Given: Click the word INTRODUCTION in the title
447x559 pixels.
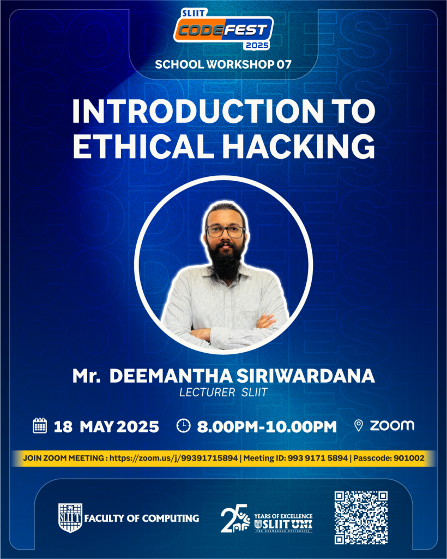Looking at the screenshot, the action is pyautogui.click(x=198, y=111).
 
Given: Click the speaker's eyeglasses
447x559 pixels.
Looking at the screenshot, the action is pyautogui.click(x=226, y=231).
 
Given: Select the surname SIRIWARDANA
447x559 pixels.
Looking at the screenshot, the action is pyautogui.click(x=306, y=376).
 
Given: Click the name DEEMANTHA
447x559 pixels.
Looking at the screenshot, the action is pyautogui.click(x=171, y=376).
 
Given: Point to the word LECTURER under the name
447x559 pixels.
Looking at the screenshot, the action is pyautogui.click(x=207, y=393).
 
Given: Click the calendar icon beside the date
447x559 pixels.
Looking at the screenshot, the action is pyautogui.click(x=39, y=426).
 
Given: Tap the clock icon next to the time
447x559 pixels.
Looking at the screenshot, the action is pyautogui.click(x=184, y=426).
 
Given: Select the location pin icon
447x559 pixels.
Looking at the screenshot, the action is pyautogui.click(x=359, y=425).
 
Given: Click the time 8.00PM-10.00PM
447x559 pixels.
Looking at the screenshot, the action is pyautogui.click(x=267, y=427).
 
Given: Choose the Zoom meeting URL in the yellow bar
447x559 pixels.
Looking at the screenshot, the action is pyautogui.click(x=173, y=458).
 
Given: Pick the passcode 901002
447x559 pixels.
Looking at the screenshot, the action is pyautogui.click(x=409, y=458).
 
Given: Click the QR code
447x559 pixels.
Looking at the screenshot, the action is pyautogui.click(x=361, y=518).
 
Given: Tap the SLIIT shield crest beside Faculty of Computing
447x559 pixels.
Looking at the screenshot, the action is pyautogui.click(x=70, y=518).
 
